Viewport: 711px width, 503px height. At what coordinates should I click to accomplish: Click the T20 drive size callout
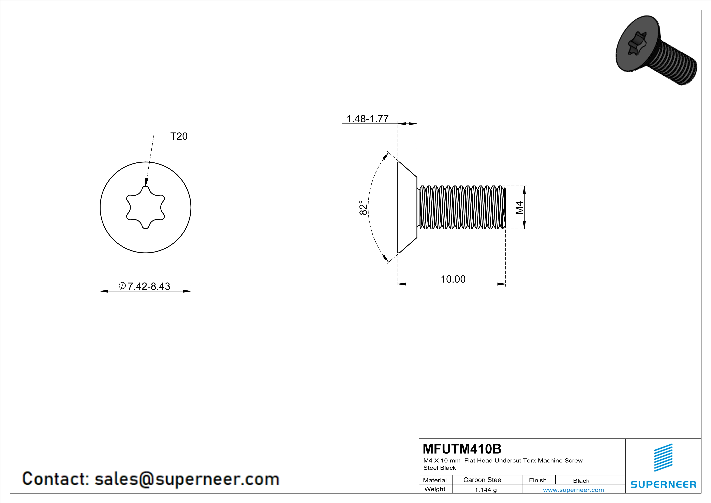179,136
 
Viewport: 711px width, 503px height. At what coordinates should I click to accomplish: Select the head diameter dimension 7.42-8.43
149,286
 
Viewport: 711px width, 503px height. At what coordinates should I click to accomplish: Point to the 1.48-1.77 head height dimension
367,119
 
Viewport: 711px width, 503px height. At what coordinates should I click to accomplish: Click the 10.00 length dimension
453,279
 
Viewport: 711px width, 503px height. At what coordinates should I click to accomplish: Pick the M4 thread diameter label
519,207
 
